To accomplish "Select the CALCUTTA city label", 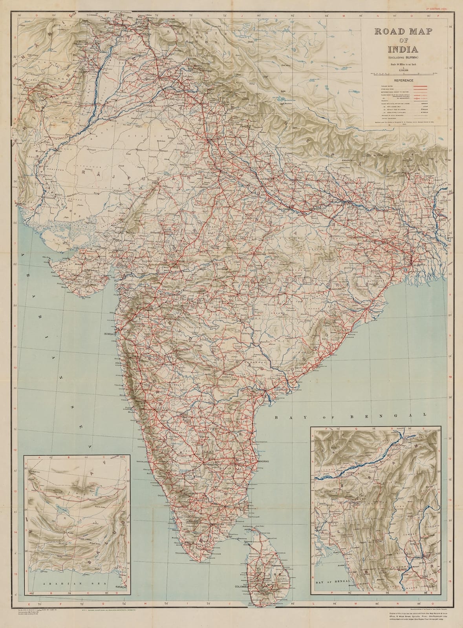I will [x=417, y=266].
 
